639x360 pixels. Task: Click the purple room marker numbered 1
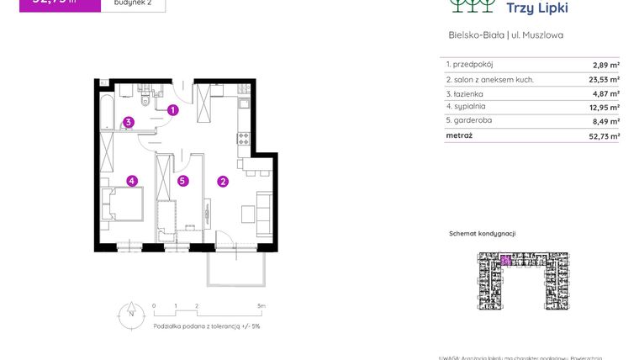coord(172,109)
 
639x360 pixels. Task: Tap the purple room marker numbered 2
coord(223,180)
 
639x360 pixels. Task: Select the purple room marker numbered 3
coord(128,122)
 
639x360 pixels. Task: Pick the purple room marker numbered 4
coord(132,180)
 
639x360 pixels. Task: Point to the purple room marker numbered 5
coord(182,180)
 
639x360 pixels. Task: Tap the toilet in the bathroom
coord(146,102)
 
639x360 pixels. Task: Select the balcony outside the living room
coord(239,268)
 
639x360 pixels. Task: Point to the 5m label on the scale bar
coord(261,306)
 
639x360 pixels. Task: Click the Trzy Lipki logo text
coord(537,8)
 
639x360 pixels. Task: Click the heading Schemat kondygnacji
coord(482,234)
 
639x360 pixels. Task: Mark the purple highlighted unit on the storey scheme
coord(506,260)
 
